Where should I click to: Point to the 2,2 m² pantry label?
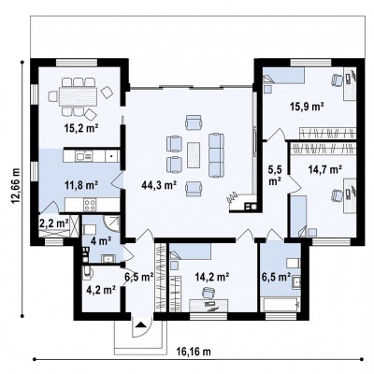(54, 223)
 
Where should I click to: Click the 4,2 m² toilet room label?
(101, 290)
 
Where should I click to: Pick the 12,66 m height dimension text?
(16, 186)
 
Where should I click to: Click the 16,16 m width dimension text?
(195, 352)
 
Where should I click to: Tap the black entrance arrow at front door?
(141, 325)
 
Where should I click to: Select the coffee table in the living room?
(194, 155)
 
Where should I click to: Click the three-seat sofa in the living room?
(216, 155)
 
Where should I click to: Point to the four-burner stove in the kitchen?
(90, 205)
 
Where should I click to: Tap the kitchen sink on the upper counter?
(83, 156)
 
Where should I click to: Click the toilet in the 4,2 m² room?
(88, 272)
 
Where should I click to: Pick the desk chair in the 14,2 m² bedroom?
(209, 293)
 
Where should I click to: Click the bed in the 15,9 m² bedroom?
(283, 76)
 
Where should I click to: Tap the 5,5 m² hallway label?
(275, 175)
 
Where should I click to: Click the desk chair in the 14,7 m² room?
(337, 195)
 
